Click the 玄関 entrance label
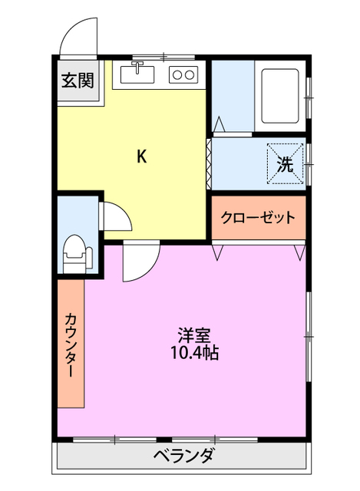click(x=78, y=79)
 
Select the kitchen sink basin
click(x=137, y=74)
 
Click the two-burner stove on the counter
click(x=183, y=74)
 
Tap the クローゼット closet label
click(x=258, y=218)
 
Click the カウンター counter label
click(x=70, y=345)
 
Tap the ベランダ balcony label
click(x=183, y=456)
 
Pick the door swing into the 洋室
click(x=139, y=261)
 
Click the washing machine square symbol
click(x=285, y=163)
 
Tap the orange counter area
click(x=70, y=345)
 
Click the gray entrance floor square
click(x=78, y=80)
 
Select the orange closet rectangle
click(x=259, y=218)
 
